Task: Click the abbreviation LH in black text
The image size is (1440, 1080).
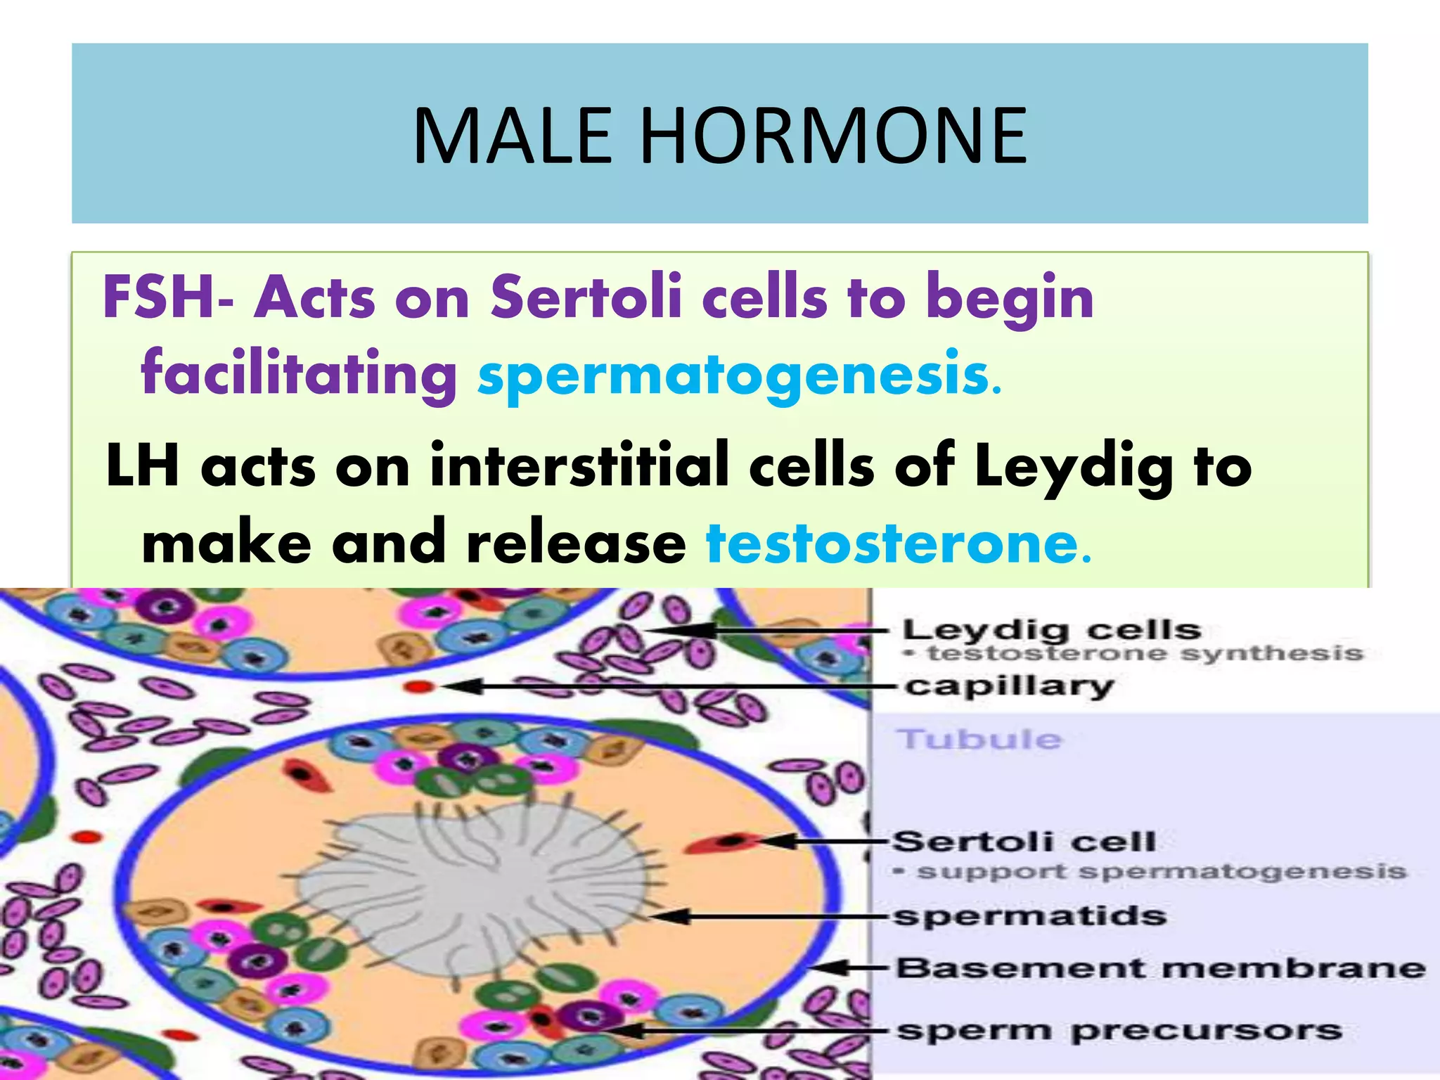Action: click(141, 465)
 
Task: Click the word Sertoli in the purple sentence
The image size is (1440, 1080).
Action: click(586, 297)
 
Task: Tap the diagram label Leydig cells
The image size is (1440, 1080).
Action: click(1051, 630)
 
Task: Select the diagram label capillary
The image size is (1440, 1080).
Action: click(1009, 686)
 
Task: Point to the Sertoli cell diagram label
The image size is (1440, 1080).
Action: click(1024, 841)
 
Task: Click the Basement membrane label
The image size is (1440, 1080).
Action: click(1160, 968)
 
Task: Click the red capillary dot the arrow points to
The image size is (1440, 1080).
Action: click(419, 686)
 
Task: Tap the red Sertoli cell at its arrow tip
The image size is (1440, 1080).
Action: click(728, 841)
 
